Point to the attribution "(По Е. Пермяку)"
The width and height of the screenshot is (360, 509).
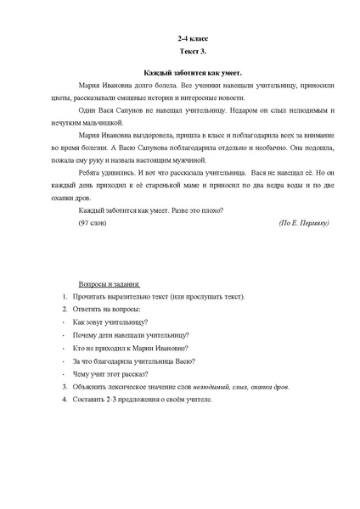303,222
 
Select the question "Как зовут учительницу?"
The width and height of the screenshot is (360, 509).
111,322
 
